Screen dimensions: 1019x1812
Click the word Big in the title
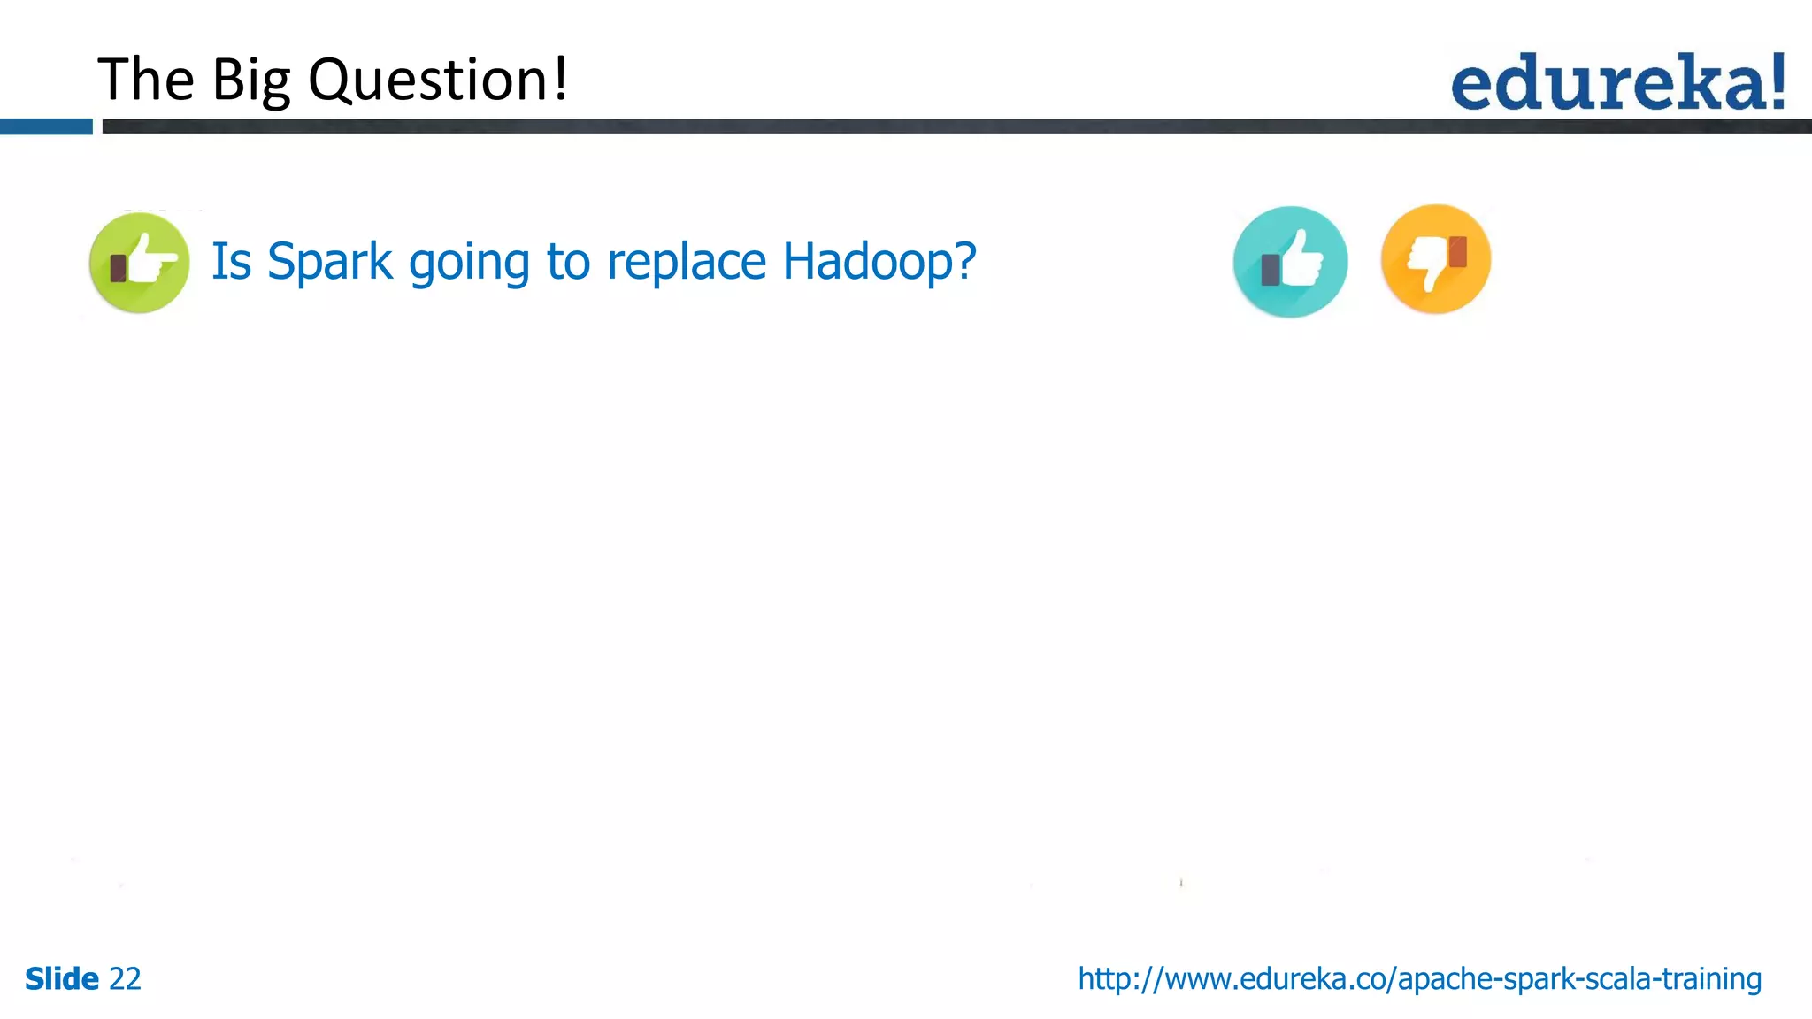point(250,80)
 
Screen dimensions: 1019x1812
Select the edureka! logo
point(1617,82)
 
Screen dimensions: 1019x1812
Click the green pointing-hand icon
point(140,263)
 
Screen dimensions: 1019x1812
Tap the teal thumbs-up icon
point(1290,262)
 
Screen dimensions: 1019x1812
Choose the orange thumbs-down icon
point(1435,259)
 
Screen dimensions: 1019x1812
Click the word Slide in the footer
point(62,979)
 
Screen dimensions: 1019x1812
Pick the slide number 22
point(125,979)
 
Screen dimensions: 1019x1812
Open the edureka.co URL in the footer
point(1419,979)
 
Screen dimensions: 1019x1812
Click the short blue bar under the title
point(46,126)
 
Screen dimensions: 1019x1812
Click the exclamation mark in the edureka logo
point(1777,80)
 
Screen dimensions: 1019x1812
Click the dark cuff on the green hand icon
point(118,267)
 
